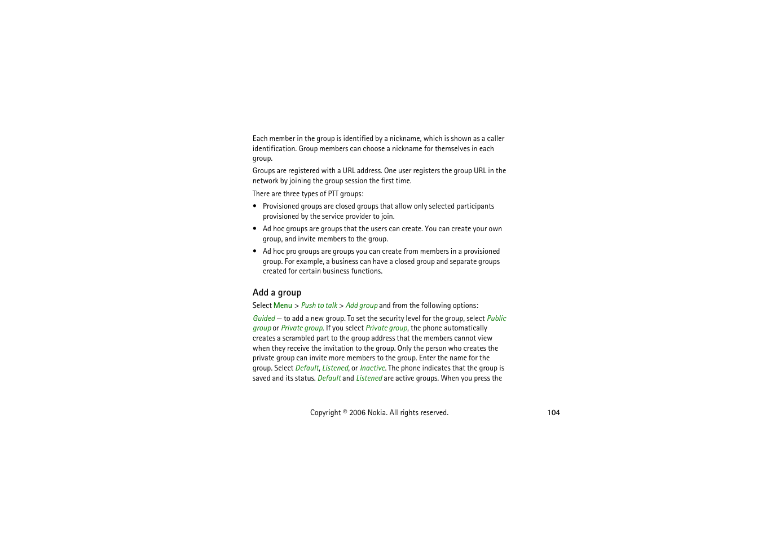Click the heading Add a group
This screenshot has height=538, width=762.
[276, 292]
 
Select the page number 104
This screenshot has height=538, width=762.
[553, 413]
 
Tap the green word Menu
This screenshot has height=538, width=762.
[283, 306]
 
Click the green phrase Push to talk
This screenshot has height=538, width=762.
[319, 306]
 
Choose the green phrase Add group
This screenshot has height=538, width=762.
[361, 306]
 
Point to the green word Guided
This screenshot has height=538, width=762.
[263, 319]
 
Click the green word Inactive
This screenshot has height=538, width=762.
[372, 368]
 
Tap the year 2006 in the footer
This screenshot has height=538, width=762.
[357, 413]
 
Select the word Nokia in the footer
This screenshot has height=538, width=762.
[377, 413]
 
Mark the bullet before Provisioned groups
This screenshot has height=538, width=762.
[255, 206]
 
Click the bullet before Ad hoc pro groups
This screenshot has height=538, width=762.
[255, 252]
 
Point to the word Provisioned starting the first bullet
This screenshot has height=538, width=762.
[281, 206]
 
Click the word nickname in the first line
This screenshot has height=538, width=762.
[404, 139]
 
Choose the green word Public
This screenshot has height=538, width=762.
[496, 319]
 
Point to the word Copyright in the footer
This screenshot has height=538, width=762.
[325, 413]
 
